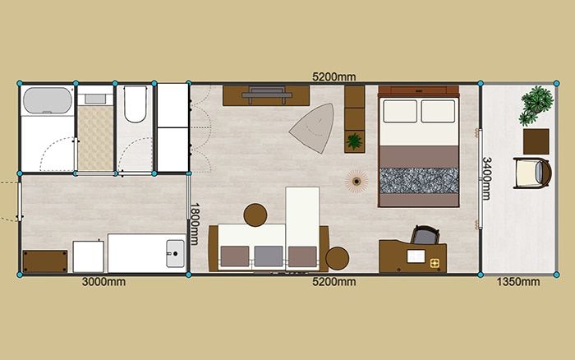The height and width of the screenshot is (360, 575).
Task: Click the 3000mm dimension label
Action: [103, 282]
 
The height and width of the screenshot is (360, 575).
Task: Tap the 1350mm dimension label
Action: [518, 282]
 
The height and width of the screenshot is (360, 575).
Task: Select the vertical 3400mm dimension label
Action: [486, 178]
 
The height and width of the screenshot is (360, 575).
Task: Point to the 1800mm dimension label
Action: [194, 224]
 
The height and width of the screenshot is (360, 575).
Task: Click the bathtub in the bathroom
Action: [48, 100]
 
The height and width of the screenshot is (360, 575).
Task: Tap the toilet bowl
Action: [135, 104]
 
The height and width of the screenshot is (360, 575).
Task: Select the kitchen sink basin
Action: [175, 253]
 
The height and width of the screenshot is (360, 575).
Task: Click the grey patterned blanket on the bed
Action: [419, 181]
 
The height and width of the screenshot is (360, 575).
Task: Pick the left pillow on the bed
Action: [400, 111]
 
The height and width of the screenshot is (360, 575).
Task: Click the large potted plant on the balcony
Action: [536, 104]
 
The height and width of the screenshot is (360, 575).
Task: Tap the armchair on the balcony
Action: [532, 173]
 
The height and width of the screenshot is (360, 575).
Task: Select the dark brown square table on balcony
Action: [536, 141]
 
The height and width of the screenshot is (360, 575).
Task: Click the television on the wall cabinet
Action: [267, 95]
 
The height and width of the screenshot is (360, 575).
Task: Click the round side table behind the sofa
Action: [255, 215]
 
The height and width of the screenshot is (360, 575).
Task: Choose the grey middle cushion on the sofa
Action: [269, 256]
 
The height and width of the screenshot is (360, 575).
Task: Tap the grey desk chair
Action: [425, 235]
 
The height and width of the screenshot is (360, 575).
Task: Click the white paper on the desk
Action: [416, 256]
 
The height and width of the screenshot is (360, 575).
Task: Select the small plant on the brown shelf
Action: [354, 141]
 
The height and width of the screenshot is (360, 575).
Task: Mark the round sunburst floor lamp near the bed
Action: [356, 181]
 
